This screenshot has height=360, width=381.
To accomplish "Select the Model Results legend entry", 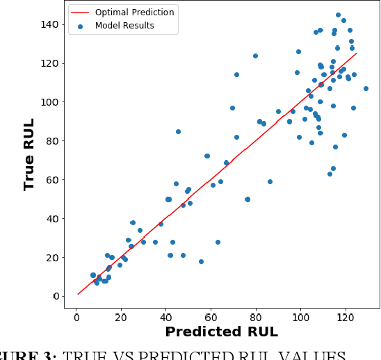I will click(124, 26).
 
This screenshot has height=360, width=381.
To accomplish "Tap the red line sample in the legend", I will click(81, 13).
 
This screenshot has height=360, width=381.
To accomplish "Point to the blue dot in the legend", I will click(81, 26).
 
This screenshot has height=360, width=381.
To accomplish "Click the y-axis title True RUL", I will click(30, 154).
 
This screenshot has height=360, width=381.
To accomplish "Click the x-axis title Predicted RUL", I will click(221, 332).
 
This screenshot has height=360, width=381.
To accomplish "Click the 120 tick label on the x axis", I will click(346, 313).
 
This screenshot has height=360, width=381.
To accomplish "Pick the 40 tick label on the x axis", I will click(166, 313).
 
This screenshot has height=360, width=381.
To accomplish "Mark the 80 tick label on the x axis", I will click(256, 313).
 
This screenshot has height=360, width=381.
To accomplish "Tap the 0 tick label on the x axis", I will click(76, 313).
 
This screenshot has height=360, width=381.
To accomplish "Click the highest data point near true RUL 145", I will click(338, 15).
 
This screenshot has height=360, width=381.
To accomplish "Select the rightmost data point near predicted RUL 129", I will click(366, 88).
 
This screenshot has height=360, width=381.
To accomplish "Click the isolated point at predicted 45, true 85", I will click(178, 131).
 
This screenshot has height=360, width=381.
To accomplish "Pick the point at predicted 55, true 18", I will click(201, 261).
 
